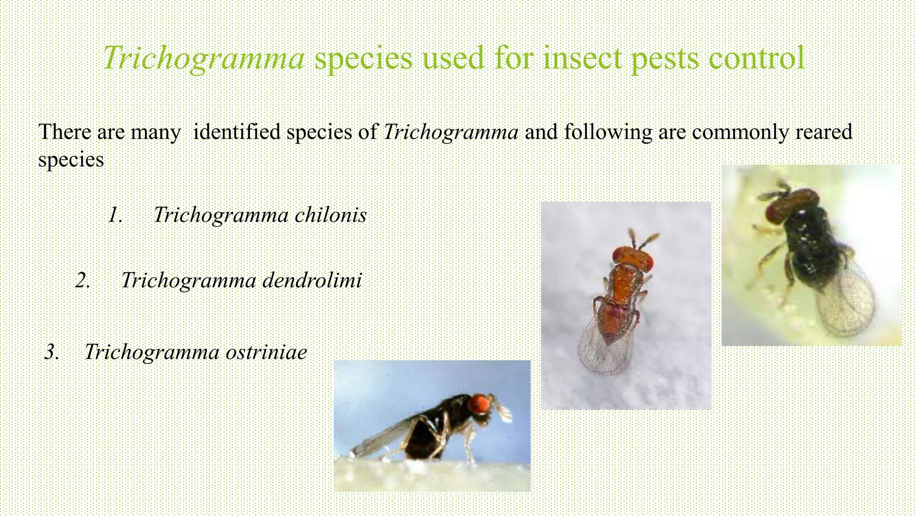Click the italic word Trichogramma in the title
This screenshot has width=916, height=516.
204,58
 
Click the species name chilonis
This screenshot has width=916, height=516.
331,215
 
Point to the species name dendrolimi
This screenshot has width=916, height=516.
312,280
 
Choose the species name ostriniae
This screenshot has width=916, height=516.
266,352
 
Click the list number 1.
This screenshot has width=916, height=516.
115,215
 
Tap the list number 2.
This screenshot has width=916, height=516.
83,280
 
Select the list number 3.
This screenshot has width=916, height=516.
52,352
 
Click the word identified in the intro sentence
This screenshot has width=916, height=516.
237,132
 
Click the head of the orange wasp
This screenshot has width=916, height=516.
632,258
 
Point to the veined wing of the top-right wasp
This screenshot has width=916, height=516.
845,305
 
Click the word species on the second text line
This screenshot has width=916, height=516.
71,160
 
